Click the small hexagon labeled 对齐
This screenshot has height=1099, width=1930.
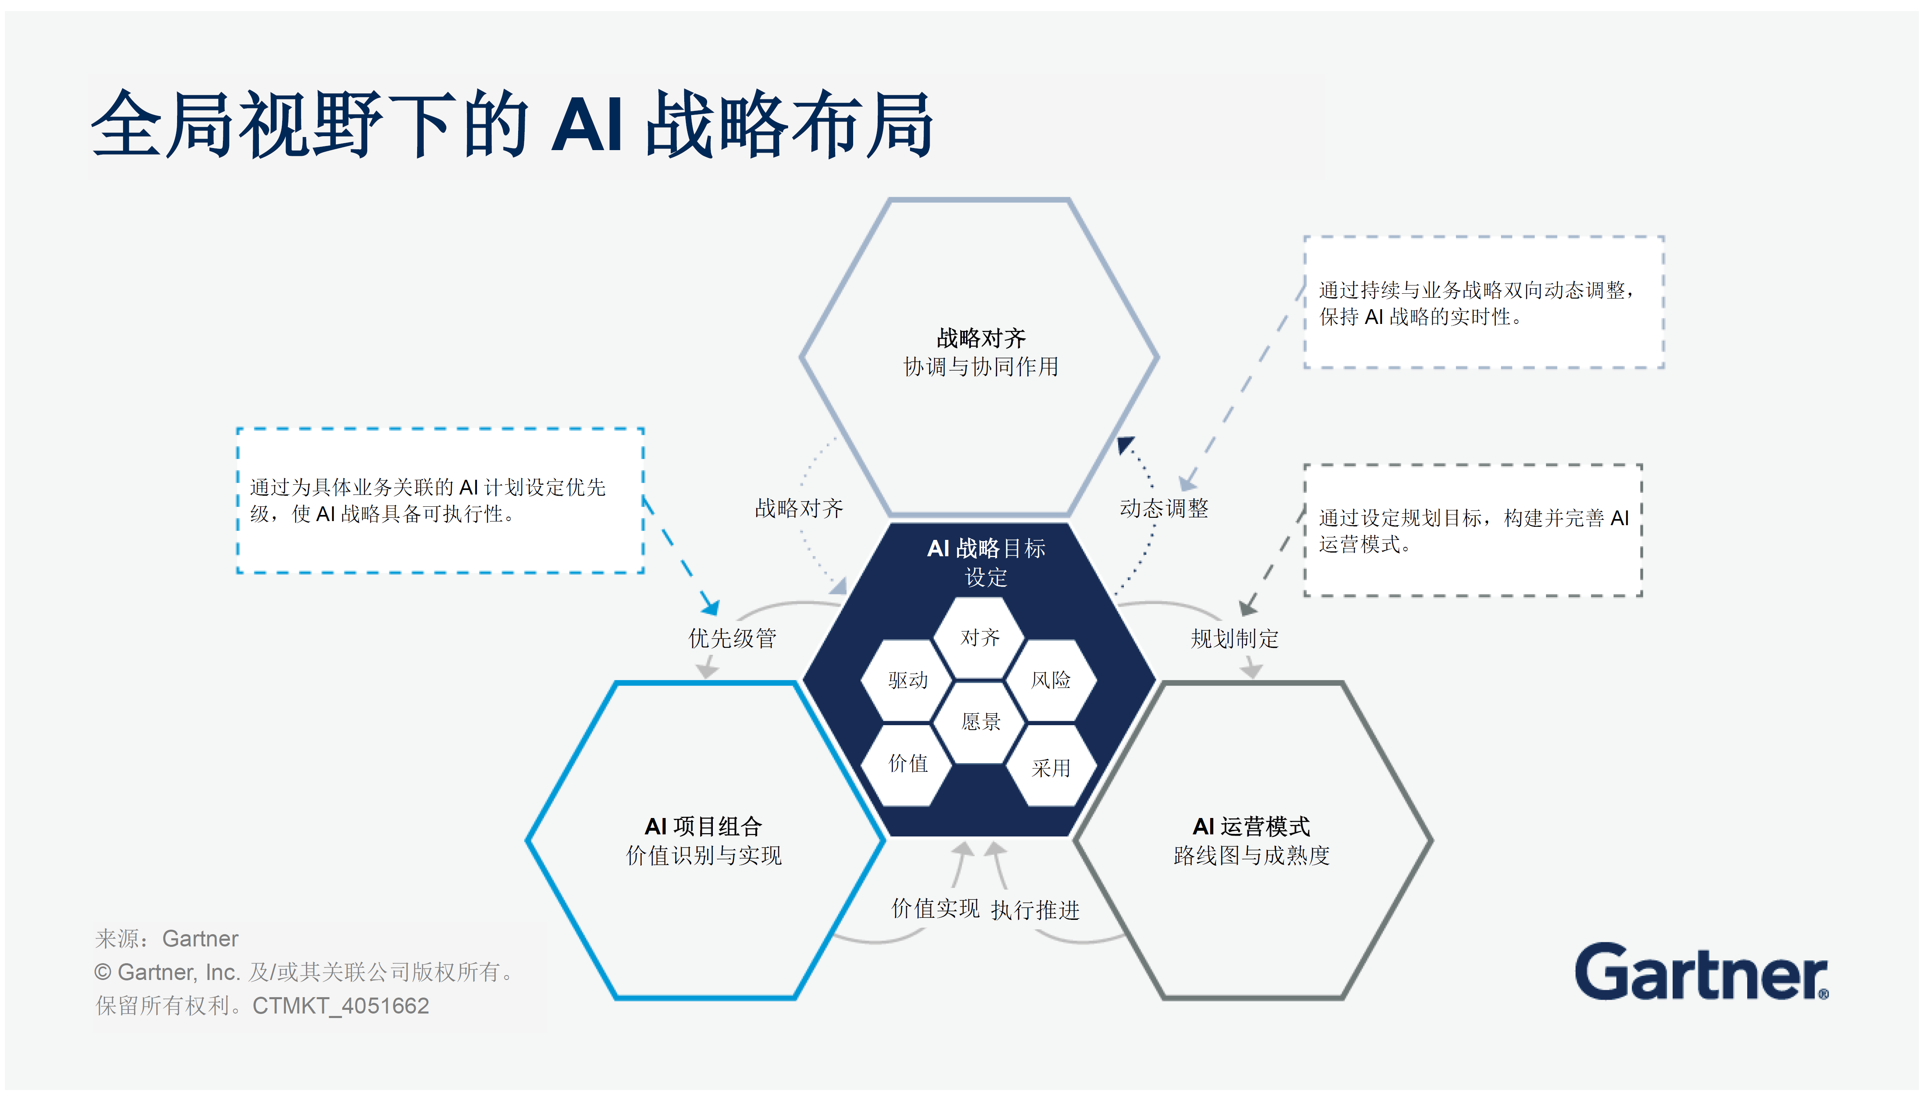point(979,638)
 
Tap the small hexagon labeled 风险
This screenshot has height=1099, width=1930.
point(1051,680)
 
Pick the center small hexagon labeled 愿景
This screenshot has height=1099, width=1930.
point(980,721)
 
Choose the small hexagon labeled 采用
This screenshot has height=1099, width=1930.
point(1051,768)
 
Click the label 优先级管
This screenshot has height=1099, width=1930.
point(731,638)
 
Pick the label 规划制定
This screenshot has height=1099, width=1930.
point(1234,638)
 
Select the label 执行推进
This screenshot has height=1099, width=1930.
point(1035,910)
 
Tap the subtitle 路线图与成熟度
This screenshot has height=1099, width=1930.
point(1251,855)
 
